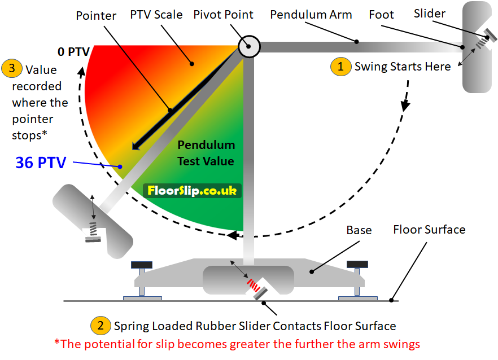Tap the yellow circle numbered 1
pos(340,66)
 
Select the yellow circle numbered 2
pos(101,326)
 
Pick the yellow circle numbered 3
pos(12,69)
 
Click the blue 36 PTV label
pos(41,163)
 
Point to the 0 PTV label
pos(73,52)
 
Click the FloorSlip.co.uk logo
pos(192,191)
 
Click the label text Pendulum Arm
pos(311,14)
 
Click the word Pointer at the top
pos(96,15)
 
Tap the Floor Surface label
pos(429,230)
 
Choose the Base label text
pos(359,230)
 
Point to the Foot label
pos(381,15)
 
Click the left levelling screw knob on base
pos(142,264)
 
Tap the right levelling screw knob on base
pos(357,264)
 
